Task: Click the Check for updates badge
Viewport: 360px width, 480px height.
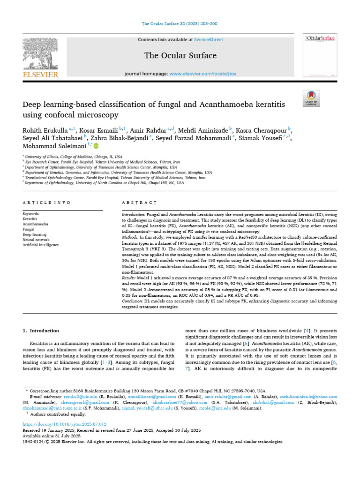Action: point(311,98)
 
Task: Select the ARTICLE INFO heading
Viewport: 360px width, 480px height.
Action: point(46,202)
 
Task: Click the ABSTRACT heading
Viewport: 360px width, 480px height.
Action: point(139,202)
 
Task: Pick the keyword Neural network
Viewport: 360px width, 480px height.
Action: point(37,239)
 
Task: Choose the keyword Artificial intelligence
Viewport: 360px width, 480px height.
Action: point(41,245)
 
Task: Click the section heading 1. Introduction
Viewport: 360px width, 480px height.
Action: point(41,330)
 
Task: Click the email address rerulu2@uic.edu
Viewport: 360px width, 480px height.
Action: point(67,396)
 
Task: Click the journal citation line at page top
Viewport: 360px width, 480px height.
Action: point(180,23)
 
